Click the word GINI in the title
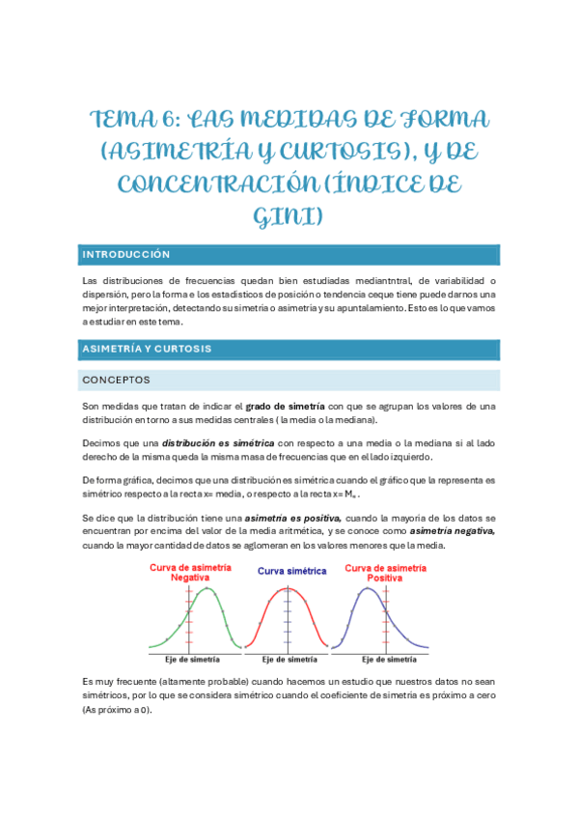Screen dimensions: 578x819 pos(289,216)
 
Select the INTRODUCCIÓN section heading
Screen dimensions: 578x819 pos(126,255)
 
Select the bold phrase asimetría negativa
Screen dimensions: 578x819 pos(453,530)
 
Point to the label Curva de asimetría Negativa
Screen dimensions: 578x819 pos(191,572)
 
